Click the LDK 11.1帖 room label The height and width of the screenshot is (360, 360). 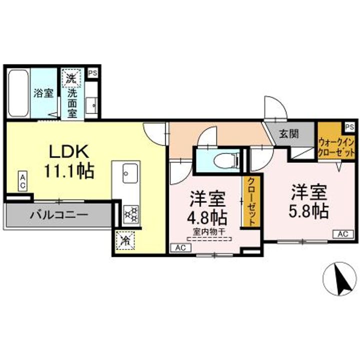coord(69,161)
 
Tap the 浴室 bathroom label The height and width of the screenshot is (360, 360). coord(43,93)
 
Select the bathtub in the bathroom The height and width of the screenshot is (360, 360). coord(18,93)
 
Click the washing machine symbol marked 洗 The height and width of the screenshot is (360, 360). coord(71,78)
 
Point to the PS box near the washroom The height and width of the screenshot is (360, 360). coord(93,73)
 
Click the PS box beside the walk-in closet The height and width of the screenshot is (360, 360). coord(349,127)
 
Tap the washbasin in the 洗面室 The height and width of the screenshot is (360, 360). coord(91,105)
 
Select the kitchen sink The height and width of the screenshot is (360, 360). coord(130,173)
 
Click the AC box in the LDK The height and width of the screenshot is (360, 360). coord(22,180)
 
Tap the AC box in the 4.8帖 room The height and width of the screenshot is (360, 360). coord(181,247)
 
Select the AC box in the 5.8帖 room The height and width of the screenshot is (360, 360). coord(343,234)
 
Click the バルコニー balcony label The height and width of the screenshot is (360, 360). coord(59,215)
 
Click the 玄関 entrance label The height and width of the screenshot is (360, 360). coord(289,134)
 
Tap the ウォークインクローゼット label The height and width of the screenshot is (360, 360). coord(336,147)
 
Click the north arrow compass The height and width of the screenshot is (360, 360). coord(339,278)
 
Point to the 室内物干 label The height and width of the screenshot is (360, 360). coord(208,232)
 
